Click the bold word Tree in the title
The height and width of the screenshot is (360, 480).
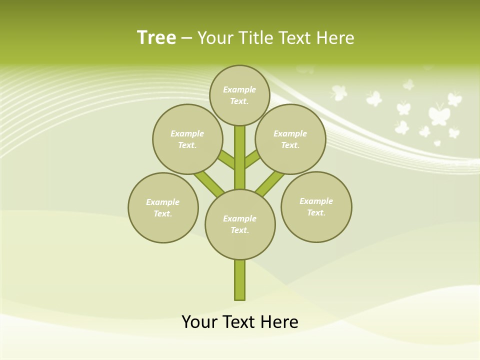pyautogui.click(x=156, y=37)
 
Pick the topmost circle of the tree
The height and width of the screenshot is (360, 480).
pyautogui.click(x=239, y=95)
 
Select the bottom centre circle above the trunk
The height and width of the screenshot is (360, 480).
pyautogui.click(x=240, y=224)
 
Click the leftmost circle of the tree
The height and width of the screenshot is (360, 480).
pyautogui.click(x=163, y=208)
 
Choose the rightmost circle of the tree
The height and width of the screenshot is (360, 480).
pyautogui.click(x=316, y=207)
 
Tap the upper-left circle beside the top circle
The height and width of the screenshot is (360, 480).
pyautogui.click(x=187, y=139)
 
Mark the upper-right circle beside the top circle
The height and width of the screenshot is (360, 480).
pyautogui.click(x=290, y=139)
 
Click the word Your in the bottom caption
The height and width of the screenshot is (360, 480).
pyautogui.click(x=199, y=322)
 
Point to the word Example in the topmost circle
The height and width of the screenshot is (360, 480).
pyautogui.click(x=239, y=89)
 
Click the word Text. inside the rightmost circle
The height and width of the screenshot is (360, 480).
pyautogui.click(x=316, y=212)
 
